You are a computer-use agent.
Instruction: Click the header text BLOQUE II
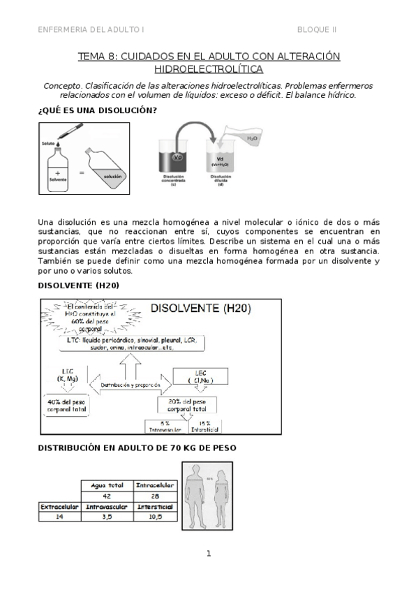(x=317, y=29)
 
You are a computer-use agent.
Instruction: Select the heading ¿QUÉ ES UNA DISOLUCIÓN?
(x=96, y=110)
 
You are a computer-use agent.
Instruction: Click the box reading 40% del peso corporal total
(x=67, y=406)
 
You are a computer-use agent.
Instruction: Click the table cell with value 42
(x=107, y=496)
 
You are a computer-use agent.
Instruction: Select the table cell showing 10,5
(x=156, y=517)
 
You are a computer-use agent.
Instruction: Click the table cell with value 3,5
(x=107, y=517)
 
